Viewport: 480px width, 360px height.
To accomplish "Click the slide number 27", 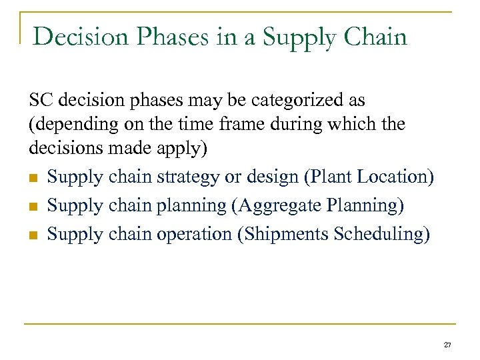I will [447, 345].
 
